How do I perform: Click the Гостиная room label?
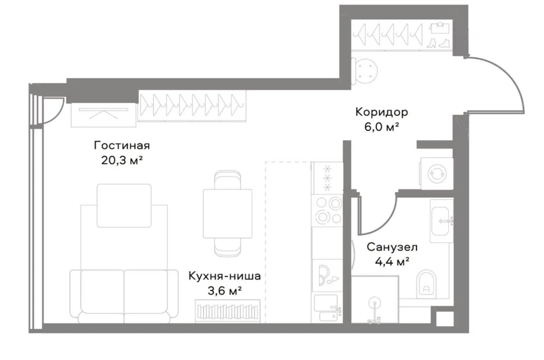122,146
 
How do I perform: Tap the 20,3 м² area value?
122,160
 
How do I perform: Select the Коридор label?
382,112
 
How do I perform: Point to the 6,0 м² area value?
382,127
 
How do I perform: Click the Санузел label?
392,248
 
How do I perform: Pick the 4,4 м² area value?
392,261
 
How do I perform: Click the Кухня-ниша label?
224,276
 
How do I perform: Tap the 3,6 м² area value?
224,290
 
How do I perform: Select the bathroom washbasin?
441,220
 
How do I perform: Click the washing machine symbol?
437,173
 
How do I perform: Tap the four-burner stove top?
328,210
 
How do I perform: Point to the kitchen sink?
327,307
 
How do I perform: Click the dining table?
227,214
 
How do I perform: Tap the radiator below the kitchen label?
227,311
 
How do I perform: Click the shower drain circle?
374,303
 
